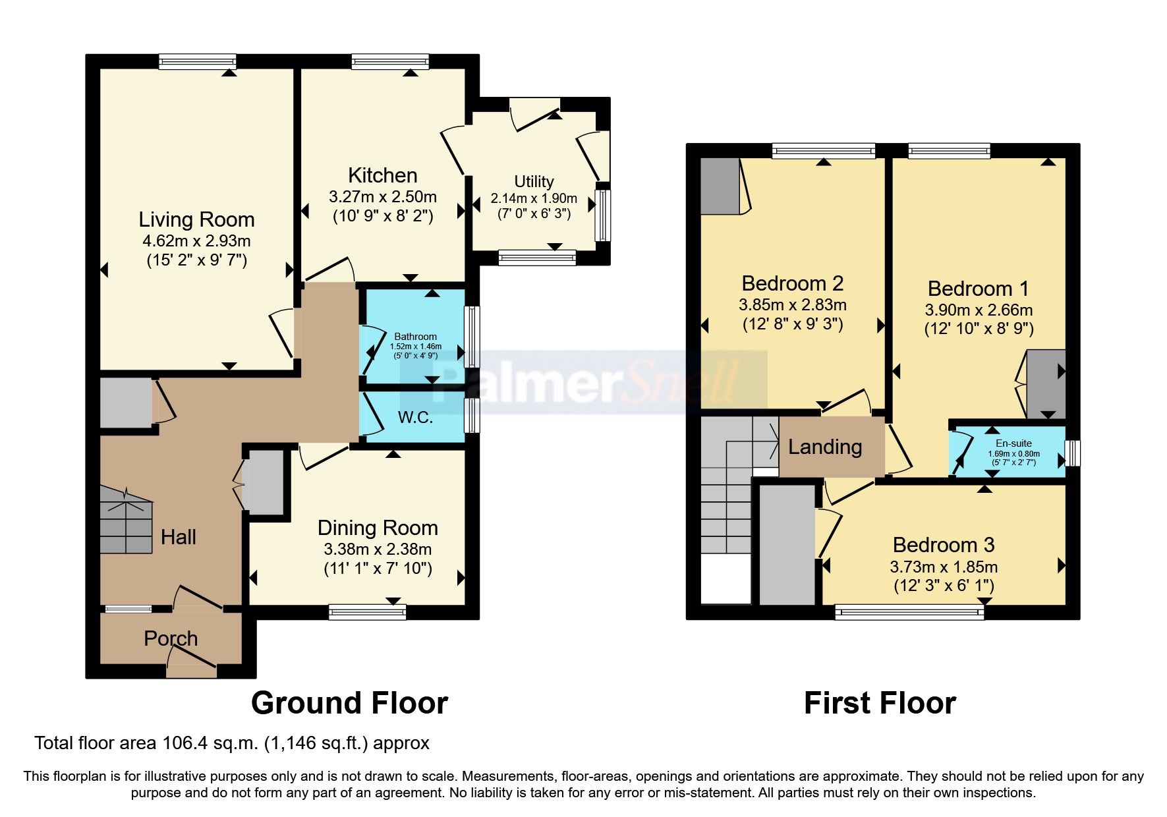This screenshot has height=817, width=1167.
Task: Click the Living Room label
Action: point(196,219)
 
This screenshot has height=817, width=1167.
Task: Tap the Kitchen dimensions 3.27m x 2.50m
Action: point(382,197)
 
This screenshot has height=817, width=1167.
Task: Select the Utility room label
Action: point(534,181)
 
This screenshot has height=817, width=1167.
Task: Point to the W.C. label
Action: point(415,417)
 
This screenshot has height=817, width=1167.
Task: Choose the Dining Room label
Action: point(378,528)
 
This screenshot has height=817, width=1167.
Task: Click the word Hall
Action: point(179,537)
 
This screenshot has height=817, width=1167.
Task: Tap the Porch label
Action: point(171,638)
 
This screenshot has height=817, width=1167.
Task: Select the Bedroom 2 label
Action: point(793,283)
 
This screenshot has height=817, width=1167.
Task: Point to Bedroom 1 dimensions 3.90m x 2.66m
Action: point(979,310)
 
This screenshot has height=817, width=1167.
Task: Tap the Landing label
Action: point(825,447)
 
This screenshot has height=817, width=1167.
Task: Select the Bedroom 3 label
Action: point(944,545)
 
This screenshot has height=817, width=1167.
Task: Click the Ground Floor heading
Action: point(349,703)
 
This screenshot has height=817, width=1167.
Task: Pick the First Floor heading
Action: point(880,703)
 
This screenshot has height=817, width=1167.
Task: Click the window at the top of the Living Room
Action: point(197,62)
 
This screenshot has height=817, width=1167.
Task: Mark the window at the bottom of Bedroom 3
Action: point(909,613)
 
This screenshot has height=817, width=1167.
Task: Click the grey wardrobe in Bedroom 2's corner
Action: point(720,186)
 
